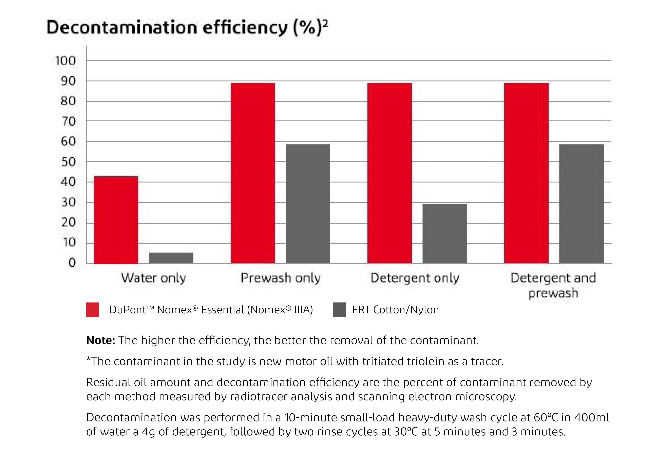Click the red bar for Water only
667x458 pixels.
(x=116, y=220)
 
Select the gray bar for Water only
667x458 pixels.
(x=171, y=258)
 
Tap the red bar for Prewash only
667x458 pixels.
(x=253, y=173)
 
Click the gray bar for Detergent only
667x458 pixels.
(x=445, y=234)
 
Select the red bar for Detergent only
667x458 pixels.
(x=389, y=173)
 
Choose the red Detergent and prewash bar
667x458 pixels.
(x=526, y=173)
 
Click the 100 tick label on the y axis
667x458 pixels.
(x=65, y=61)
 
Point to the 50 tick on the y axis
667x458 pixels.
(x=68, y=162)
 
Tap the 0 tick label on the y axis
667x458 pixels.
(x=72, y=263)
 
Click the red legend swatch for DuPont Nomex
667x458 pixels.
(x=93, y=310)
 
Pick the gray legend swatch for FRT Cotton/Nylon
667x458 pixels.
(x=339, y=310)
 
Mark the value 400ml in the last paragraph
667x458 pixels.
(x=591, y=418)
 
